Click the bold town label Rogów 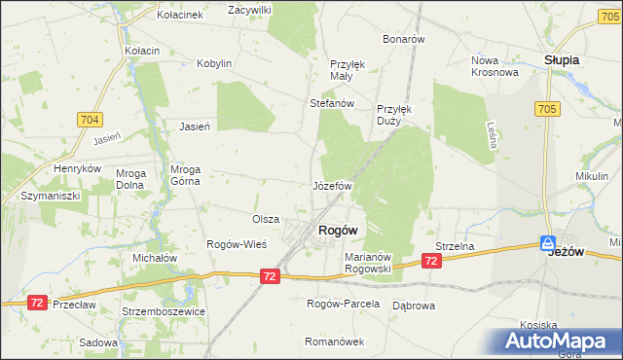pyautogui.click(x=338, y=230)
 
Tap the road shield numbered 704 pyautogui.click(x=91, y=120)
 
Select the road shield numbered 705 pyautogui.click(x=545, y=110)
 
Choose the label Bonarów pyautogui.click(x=404, y=39)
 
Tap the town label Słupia pyautogui.click(x=562, y=59)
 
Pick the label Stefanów pyautogui.click(x=330, y=102)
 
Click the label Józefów pyautogui.click(x=331, y=185)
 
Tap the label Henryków pyautogui.click(x=78, y=168)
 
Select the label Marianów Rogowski pyautogui.click(x=368, y=263)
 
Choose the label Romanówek pyautogui.click(x=334, y=342)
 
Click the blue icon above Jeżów pyautogui.click(x=548, y=242)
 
